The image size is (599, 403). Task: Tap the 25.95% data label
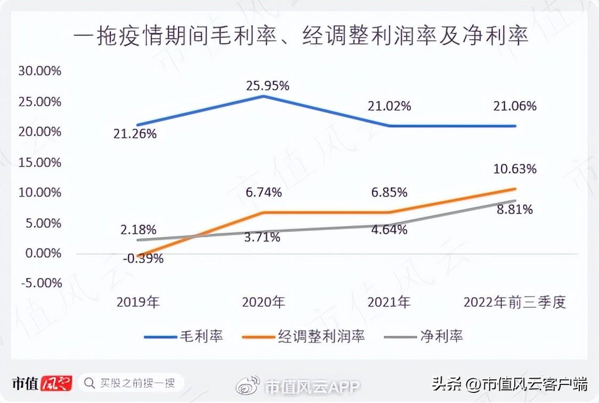(268, 85)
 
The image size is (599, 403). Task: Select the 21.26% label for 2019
(135, 133)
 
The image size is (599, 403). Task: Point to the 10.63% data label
(515, 170)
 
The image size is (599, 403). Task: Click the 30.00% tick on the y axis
(40, 71)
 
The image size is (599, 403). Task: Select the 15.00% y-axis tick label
(40, 162)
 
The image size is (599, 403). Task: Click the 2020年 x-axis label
(263, 303)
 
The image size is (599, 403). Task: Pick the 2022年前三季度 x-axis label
(514, 303)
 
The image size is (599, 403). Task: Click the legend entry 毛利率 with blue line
(183, 336)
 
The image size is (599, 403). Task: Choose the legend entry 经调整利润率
(303, 336)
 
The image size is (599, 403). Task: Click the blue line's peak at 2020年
(264, 96)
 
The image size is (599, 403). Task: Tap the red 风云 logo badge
(56, 383)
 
